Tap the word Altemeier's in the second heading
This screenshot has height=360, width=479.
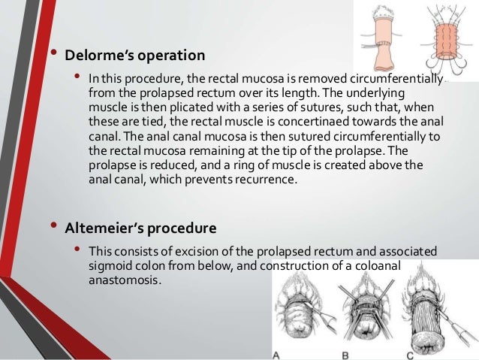click(101, 228)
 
